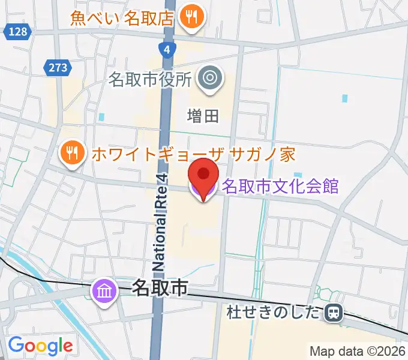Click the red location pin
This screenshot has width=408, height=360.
tap(203, 176)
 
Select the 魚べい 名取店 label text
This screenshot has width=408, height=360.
tap(122, 17)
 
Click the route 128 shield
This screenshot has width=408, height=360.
tap(18, 32)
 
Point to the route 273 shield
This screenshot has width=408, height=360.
tap(58, 67)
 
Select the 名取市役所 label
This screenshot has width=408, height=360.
tap(150, 79)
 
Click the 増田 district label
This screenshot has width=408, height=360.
tap(202, 116)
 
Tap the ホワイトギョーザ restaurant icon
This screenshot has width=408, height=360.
tap(71, 155)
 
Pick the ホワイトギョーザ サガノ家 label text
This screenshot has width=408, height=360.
tap(193, 155)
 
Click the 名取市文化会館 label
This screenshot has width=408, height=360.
tap(280, 185)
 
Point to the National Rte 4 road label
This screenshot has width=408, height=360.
tap(160, 222)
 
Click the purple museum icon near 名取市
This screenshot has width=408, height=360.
tap(105, 292)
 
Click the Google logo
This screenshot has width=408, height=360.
tap(40, 346)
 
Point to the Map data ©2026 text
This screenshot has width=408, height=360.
tap(358, 350)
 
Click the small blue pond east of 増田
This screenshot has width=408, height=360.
tap(344, 97)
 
